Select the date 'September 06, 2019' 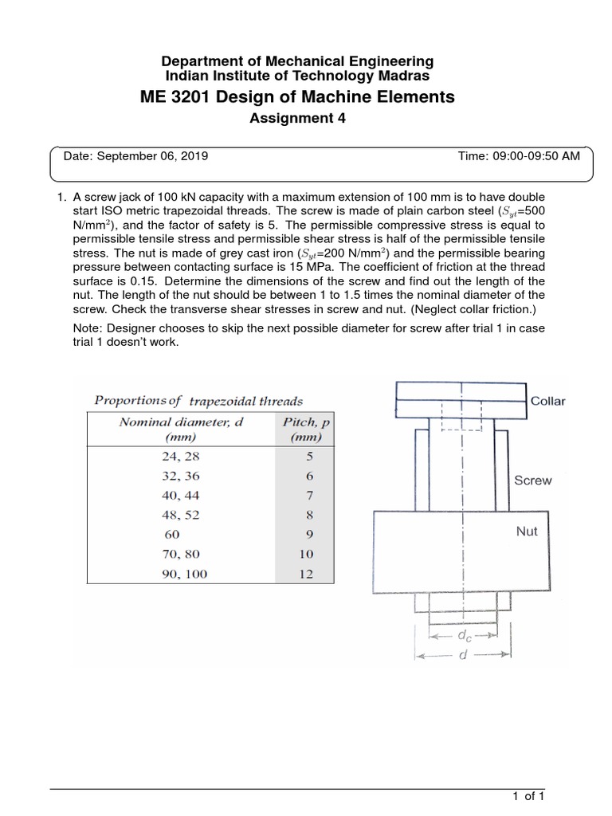click(152, 156)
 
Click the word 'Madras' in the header click(406, 76)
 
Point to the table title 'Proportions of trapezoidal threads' click(198, 401)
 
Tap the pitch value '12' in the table click(306, 573)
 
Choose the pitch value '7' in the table click(306, 496)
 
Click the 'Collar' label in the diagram click(548, 401)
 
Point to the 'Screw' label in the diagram click(532, 481)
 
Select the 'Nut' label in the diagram click(527, 531)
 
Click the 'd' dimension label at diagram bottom click(462, 657)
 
